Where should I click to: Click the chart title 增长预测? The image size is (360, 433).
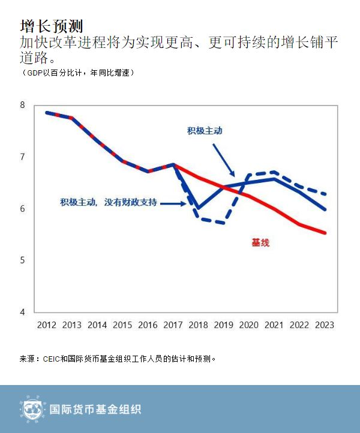50,26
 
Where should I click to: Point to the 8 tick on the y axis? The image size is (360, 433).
23,105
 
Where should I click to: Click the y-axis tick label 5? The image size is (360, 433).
23,260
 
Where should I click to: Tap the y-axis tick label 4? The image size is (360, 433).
23,312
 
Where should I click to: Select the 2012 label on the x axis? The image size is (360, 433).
47,325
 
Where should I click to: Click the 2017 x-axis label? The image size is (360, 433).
173,325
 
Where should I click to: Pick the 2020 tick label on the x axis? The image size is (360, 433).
248,325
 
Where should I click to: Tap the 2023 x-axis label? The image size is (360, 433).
324,325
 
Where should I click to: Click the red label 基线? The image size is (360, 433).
260,243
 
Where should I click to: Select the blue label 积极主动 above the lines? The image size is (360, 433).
205,131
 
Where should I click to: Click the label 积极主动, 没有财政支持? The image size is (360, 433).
109,203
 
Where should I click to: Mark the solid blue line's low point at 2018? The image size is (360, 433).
198,208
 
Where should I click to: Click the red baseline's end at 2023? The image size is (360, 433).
325,233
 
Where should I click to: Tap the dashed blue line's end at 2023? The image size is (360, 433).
325,194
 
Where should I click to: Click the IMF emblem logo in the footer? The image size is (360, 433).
32,409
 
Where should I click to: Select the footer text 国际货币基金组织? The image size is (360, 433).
94,410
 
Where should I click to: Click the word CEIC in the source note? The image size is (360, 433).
51,359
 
